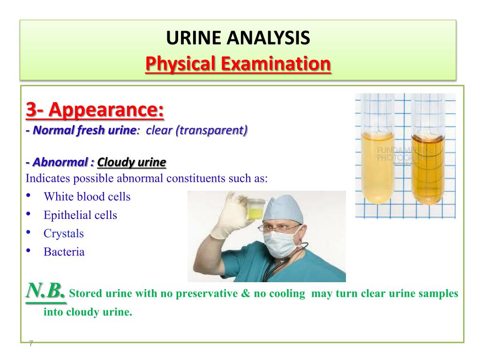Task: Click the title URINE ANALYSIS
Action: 238,37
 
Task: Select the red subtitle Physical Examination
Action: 238,64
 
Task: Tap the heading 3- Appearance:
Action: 95,109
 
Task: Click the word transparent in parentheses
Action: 211,130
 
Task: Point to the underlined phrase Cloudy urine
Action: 132,162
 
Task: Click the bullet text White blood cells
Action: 87,196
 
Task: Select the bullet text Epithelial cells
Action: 80,215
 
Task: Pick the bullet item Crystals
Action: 63,233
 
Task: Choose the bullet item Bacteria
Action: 64,252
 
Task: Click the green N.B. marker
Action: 45,291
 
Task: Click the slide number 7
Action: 30,344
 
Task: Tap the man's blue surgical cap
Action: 283,209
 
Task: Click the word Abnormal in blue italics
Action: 60,162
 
